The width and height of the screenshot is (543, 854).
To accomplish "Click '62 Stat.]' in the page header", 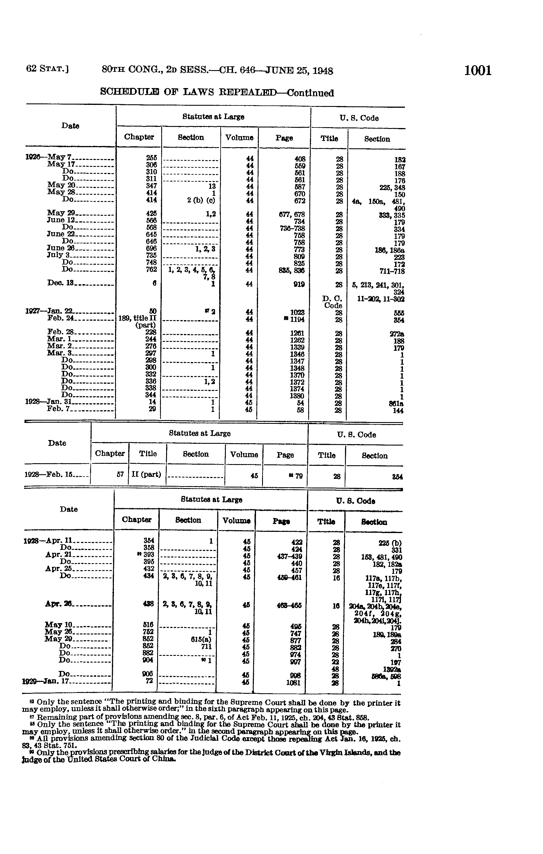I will [x=47, y=68].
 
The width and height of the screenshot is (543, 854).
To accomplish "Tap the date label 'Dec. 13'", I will [x=60, y=283].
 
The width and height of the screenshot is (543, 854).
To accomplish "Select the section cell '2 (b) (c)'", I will [x=201, y=200].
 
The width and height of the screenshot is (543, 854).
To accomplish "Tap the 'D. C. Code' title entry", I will [x=333, y=302].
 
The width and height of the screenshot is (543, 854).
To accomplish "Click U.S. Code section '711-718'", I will [x=392, y=271].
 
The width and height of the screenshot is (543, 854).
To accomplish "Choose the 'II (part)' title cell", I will [x=146, y=475].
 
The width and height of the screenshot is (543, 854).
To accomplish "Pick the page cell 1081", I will [x=293, y=682].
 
